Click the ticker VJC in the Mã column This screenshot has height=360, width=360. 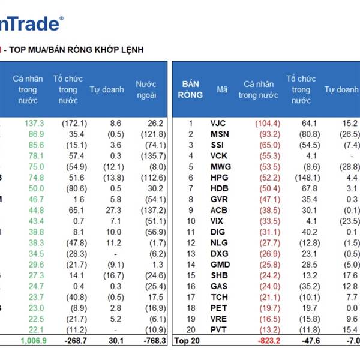click(x=218, y=123)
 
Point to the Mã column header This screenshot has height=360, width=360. click(x=222, y=90)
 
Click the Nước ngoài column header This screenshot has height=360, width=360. click(x=146, y=90)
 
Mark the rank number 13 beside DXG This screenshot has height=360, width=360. click(x=191, y=254)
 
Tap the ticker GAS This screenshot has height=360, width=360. click(x=219, y=286)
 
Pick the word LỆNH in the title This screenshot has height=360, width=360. click(x=131, y=49)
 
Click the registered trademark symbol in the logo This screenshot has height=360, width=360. click(x=61, y=19)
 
